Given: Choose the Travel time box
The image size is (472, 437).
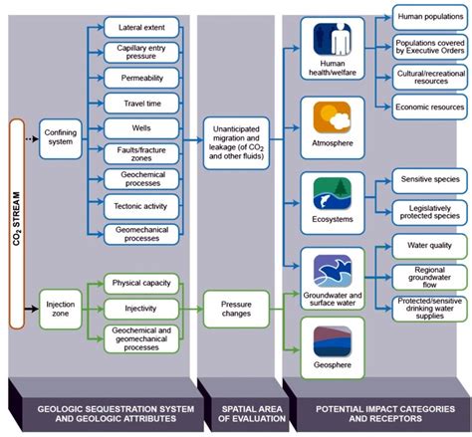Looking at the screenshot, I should (x=140, y=102).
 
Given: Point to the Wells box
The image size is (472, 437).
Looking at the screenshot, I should (x=140, y=127).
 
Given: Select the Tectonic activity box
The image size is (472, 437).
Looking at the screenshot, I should (x=140, y=205).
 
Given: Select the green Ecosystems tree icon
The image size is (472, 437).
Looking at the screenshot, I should (x=332, y=191).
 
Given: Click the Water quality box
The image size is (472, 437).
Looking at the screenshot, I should (x=421, y=245).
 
